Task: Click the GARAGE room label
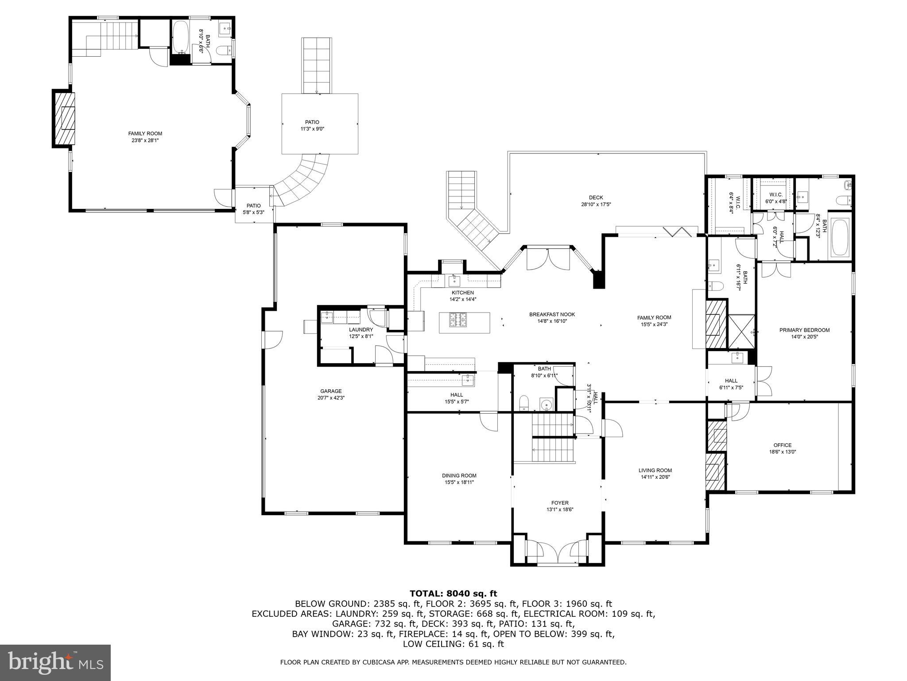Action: (331, 391)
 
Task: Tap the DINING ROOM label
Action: (459, 475)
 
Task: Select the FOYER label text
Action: (560, 503)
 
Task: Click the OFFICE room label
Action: (783, 445)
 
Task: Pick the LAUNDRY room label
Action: (361, 329)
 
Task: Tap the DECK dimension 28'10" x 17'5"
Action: (596, 204)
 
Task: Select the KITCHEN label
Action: (462, 293)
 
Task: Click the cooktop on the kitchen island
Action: (458, 320)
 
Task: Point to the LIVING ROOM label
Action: (655, 470)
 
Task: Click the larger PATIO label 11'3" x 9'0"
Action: (312, 122)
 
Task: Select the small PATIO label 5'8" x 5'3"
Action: (253, 206)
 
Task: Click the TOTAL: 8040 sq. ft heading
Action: (453, 593)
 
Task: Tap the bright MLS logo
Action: (55, 662)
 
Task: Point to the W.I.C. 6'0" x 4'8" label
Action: (775, 195)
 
